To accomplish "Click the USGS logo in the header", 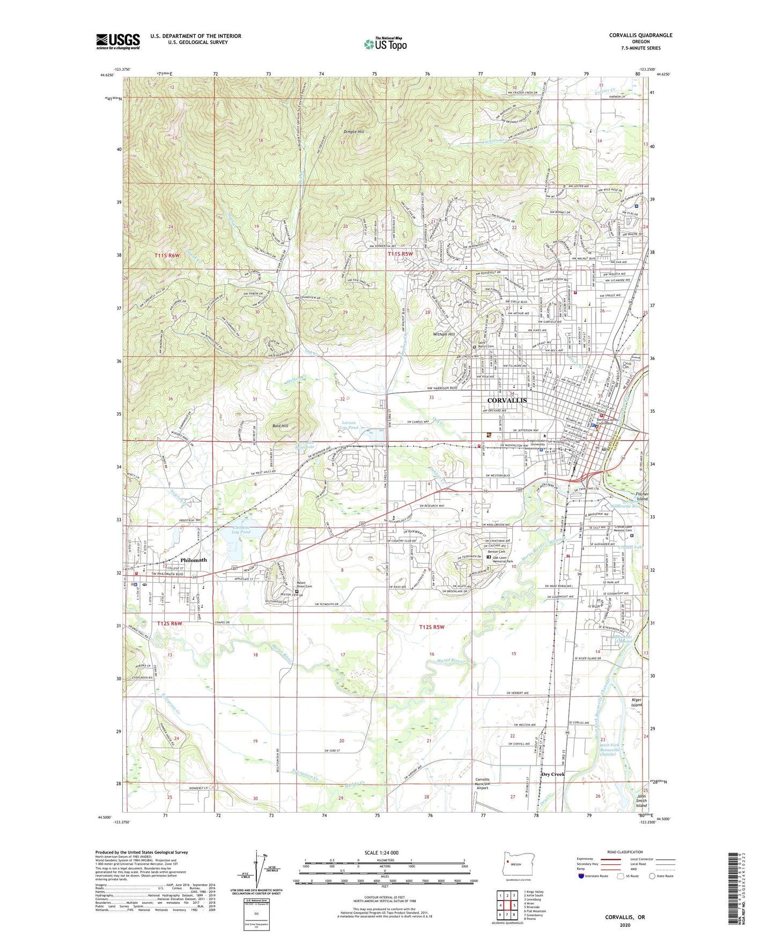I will click(117, 41).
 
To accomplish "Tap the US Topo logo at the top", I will click(385, 44).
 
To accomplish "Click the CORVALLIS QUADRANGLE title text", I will click(640, 35).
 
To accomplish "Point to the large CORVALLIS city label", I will click(507, 400).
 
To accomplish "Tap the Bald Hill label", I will click(280, 426).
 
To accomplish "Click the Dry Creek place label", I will click(552, 774).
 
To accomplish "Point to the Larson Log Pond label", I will click(349, 425).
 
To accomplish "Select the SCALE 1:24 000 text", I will click(381, 853).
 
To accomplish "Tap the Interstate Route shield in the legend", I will click(581, 876).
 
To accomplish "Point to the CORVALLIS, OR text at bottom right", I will click(625, 917).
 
